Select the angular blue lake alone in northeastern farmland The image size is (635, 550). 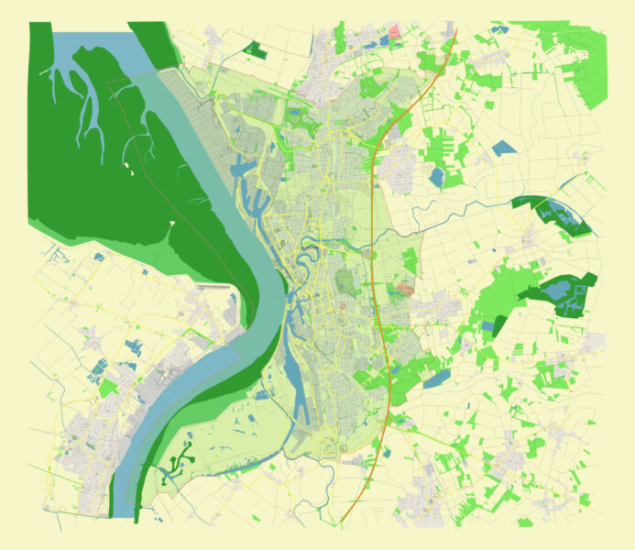(501, 147)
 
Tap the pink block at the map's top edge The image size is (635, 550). (395, 32)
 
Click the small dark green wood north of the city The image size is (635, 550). (256, 49)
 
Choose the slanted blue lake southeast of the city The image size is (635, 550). (437, 378)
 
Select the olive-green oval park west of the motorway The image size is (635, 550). (345, 280)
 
